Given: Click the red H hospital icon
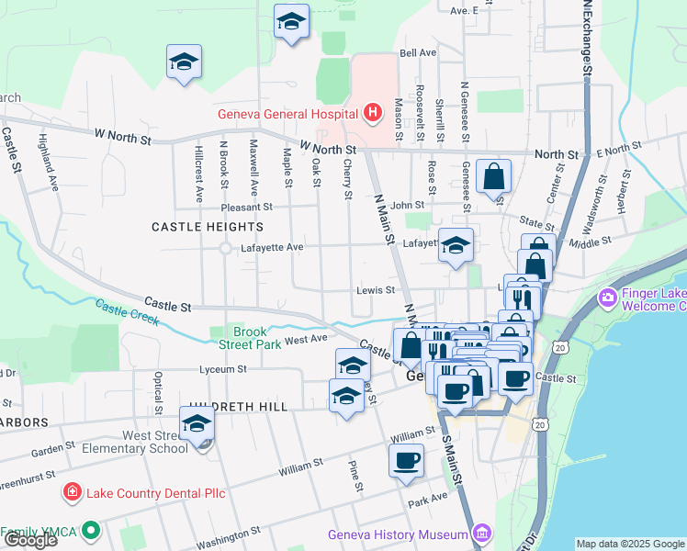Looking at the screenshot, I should (372, 114).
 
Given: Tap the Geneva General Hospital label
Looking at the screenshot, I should (287, 115).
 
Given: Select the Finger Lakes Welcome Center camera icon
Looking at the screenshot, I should (607, 298).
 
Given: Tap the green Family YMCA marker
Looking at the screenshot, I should (90, 531).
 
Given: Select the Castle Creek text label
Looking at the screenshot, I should (128, 313).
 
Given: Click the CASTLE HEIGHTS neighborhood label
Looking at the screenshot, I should (207, 226).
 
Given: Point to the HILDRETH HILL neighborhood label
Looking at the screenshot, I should (236, 406).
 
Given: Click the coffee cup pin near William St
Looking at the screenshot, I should (406, 461).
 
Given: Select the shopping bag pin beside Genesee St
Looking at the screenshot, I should (493, 176).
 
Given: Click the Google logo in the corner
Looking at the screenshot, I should (30, 540).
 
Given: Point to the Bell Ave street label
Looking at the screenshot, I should (418, 53).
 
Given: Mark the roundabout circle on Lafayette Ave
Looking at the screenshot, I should (225, 248).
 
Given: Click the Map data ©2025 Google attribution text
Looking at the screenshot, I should (630, 544).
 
